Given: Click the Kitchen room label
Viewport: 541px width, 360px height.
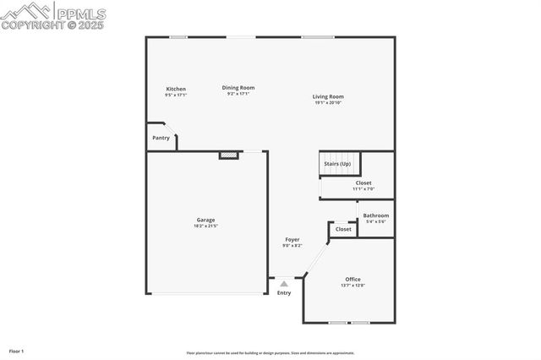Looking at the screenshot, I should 176,89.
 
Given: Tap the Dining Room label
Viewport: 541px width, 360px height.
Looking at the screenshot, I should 238,87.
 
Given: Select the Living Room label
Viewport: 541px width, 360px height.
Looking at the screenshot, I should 329,96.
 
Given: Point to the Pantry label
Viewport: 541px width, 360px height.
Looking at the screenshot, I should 161,138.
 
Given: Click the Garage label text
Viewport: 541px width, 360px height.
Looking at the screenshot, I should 205,220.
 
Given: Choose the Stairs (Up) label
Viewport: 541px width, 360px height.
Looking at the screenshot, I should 338,163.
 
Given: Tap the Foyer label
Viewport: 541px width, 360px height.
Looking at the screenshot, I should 292,239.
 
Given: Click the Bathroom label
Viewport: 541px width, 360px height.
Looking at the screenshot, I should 376,215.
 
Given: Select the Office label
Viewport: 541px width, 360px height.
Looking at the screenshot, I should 352,279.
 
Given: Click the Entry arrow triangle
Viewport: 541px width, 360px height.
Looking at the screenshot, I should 284,285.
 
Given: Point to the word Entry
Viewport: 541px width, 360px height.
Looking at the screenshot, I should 284,293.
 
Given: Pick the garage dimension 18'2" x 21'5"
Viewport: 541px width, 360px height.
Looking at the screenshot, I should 205,226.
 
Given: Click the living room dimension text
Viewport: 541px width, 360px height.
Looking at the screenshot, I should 329,103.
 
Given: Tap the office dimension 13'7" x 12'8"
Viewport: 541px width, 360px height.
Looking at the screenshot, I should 352,286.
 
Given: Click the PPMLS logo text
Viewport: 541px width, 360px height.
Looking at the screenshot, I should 79,14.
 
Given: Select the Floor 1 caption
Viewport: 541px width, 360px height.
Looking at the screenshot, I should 16,350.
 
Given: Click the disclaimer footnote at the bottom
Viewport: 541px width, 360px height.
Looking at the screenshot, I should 270,353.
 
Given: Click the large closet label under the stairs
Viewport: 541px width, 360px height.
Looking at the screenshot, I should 363,183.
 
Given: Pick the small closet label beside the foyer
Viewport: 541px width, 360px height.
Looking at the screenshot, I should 343,229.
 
